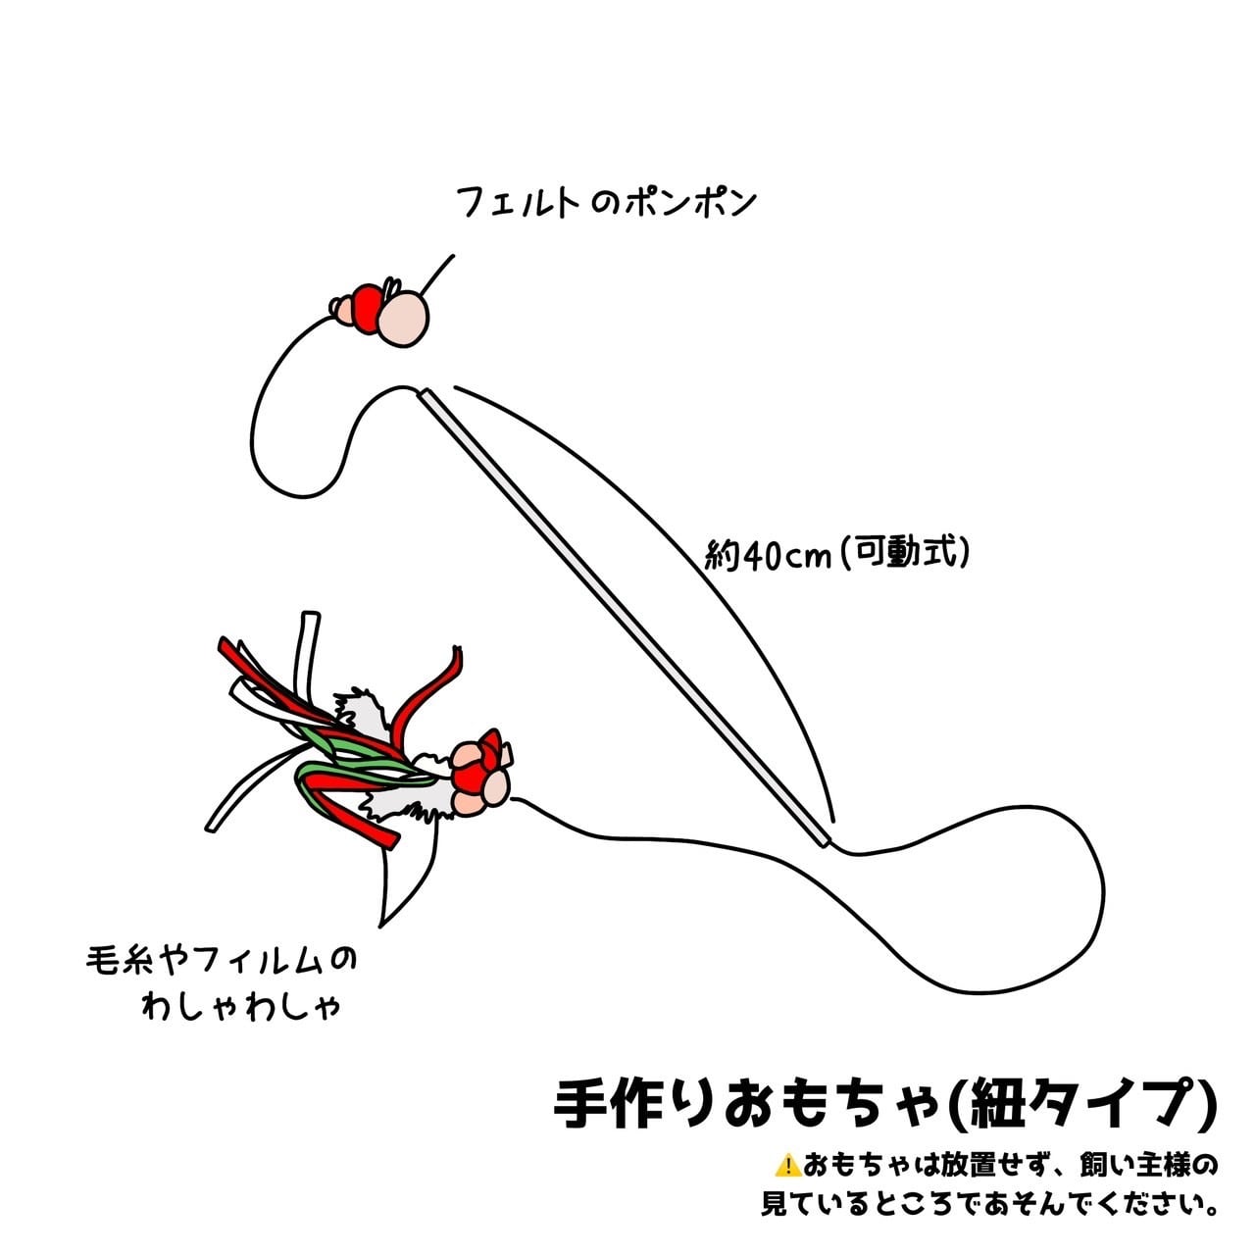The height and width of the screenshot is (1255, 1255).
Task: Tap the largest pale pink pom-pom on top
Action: (x=404, y=319)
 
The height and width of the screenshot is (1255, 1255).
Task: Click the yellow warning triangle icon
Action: (x=787, y=1166)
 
